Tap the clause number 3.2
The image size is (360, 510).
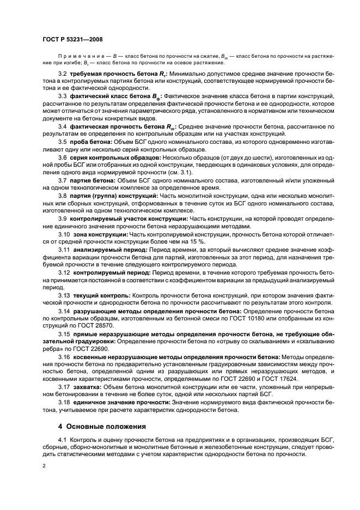point(63,74)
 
